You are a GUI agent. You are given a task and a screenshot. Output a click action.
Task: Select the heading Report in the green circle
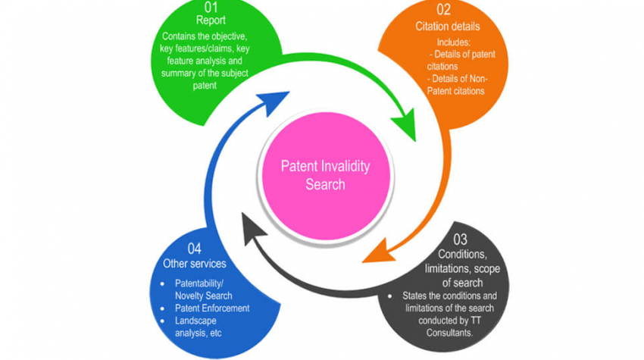211,20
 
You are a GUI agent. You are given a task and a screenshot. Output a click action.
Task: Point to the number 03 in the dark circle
460,239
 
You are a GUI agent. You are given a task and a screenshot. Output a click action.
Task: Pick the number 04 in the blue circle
195,249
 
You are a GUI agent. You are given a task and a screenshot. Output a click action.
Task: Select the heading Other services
196,263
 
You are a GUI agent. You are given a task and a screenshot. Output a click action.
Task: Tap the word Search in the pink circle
325,184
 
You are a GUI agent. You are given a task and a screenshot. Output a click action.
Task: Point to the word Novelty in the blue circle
194,295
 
